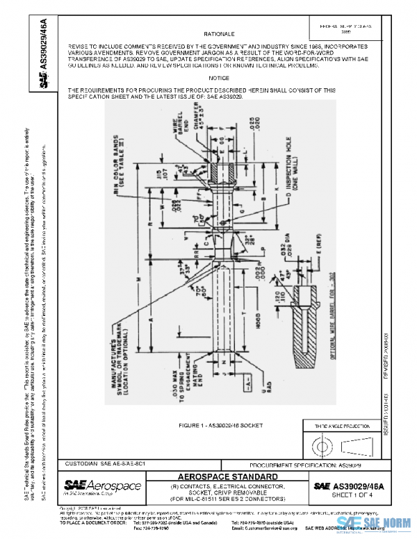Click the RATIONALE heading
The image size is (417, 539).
click(219, 33)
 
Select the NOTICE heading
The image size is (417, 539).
click(219, 78)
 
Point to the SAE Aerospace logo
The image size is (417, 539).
click(102, 485)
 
